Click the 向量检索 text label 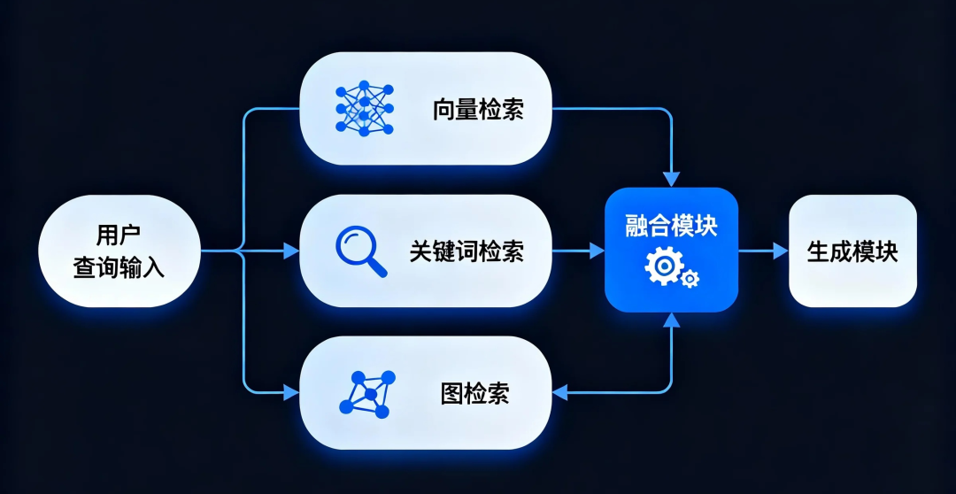click(478, 110)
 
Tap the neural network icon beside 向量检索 click(364, 110)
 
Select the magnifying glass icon click(358, 249)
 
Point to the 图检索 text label click(474, 393)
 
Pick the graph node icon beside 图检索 click(366, 393)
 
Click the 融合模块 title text click(671, 226)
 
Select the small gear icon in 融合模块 click(690, 280)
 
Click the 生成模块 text click(852, 251)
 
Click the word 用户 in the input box click(119, 235)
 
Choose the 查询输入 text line click(119, 266)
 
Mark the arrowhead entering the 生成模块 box click(780, 251)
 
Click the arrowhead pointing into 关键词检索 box click(291, 251)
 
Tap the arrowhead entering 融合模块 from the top click(672, 179)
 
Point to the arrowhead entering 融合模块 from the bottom click(672, 320)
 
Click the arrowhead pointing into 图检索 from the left click(291, 392)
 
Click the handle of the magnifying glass click(377, 268)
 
